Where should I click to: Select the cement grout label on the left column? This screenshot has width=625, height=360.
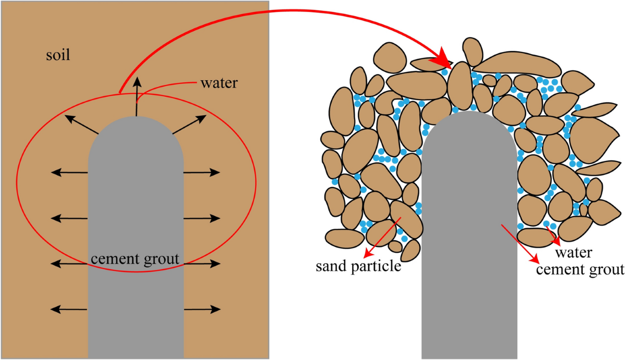[x=135, y=257]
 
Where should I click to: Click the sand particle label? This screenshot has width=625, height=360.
[x=359, y=267]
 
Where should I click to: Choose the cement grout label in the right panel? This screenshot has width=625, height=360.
[x=580, y=269]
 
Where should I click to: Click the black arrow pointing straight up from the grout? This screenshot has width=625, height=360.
[x=137, y=96]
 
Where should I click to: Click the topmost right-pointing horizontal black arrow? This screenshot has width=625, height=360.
[x=202, y=171]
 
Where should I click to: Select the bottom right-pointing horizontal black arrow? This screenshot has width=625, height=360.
[x=202, y=309]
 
